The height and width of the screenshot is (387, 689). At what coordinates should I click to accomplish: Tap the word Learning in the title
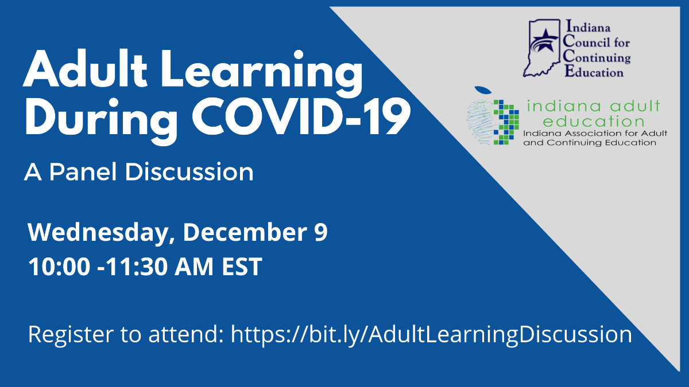pyautogui.click(x=262, y=74)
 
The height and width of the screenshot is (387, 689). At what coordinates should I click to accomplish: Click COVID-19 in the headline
pyautogui.click(x=301, y=117)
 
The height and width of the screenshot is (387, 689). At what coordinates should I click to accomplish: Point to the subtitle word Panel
pyautogui.click(x=83, y=171)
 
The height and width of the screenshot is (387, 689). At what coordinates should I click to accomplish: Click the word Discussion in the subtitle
pyautogui.click(x=189, y=171)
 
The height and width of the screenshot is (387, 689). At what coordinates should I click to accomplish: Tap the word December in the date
pyautogui.click(x=245, y=232)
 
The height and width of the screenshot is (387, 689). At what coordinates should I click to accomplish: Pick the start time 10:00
pyautogui.click(x=59, y=267)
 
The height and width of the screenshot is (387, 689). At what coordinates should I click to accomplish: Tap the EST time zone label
pyautogui.click(x=242, y=267)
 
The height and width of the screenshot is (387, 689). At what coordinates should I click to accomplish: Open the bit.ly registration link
pyautogui.click(x=432, y=335)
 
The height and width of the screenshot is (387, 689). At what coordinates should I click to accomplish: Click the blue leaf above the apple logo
pyautogui.click(x=483, y=89)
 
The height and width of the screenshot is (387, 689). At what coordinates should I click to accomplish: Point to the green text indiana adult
pyautogui.click(x=594, y=106)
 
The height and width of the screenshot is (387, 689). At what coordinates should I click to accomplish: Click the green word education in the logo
pyautogui.click(x=594, y=122)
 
